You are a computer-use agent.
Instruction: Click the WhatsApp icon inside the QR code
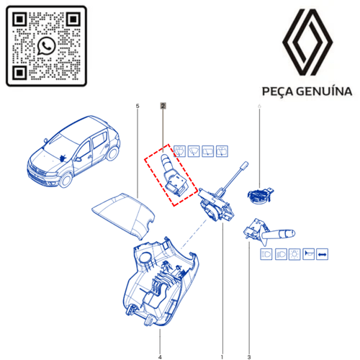click(46, 46)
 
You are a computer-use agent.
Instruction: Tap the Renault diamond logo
click(307, 42)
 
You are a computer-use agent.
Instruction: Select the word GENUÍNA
click(324, 91)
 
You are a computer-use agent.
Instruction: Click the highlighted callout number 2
click(163, 106)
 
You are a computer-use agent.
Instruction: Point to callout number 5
click(138, 106)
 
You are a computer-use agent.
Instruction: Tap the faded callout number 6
click(259, 106)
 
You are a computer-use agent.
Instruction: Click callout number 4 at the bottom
click(160, 357)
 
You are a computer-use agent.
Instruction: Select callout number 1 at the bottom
click(222, 357)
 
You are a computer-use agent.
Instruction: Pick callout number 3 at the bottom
click(249, 357)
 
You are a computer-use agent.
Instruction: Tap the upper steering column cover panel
click(124, 215)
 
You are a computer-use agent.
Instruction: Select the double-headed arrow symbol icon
click(322, 254)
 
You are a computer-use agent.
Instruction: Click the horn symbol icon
click(308, 254)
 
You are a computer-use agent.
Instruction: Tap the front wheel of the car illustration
click(66, 179)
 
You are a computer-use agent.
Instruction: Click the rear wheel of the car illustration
click(112, 153)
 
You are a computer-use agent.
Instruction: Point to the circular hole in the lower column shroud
click(145, 257)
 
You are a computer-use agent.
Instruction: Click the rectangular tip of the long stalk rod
click(244, 166)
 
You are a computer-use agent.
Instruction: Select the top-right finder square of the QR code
click(73, 19)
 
